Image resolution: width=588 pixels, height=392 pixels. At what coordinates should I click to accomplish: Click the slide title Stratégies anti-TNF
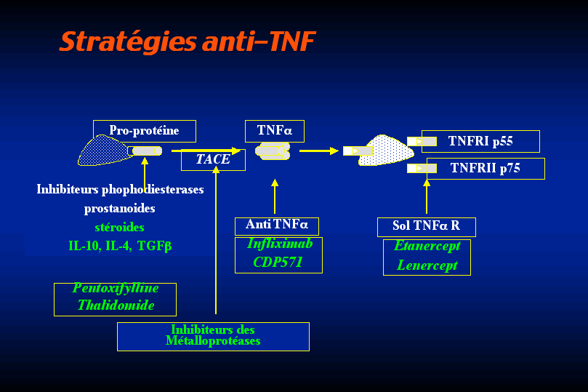pos(187,41)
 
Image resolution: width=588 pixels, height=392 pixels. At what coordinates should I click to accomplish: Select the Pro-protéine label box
pos(144,131)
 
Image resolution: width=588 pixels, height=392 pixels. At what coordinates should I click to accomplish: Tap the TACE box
pos(213,159)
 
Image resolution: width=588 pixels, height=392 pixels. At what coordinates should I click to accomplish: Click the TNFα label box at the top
pos(274,131)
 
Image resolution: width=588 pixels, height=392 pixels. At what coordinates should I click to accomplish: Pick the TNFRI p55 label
pos(480,141)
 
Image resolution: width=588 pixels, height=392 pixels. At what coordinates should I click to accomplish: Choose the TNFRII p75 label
pos(485,168)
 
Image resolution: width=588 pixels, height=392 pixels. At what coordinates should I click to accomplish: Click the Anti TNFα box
pos(276,225)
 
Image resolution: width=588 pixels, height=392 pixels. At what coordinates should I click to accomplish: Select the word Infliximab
pos(279,244)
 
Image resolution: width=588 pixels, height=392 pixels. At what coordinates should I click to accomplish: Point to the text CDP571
pos(278,263)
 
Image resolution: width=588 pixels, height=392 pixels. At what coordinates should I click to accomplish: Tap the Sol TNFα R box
pos(426,226)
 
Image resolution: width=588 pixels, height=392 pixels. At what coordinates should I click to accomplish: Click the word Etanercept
pos(427,247)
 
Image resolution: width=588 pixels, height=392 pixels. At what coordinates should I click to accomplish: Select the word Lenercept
pos(427,265)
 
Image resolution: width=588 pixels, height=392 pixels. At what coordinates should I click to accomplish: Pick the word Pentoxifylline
pos(116,289)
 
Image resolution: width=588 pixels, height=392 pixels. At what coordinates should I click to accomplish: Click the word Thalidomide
pos(116,305)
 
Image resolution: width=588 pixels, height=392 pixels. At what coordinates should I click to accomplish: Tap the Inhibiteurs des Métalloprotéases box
pos(213,336)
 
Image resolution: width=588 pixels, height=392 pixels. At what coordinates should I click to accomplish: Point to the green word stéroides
pos(119,228)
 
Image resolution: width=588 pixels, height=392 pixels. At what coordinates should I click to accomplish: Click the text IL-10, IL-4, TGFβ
pos(120,246)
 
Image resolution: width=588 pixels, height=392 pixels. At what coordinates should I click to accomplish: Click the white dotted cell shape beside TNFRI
pos(385,151)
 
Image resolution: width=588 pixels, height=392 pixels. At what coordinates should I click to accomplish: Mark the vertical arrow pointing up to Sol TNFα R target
pos(427,196)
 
